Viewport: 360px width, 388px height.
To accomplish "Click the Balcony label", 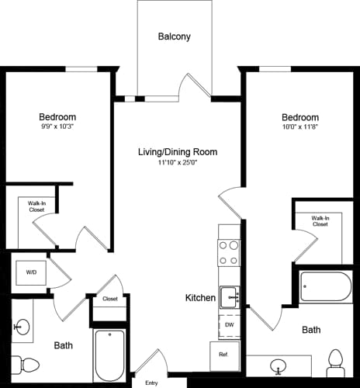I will pyautogui.click(x=174, y=36).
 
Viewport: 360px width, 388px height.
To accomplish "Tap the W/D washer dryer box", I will pyautogui.click(x=31, y=272).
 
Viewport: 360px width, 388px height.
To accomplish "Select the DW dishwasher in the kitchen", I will pyautogui.click(x=229, y=325).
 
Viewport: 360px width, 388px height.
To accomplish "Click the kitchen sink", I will pyautogui.click(x=229, y=296).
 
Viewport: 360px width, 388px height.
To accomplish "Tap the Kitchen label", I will pyautogui.click(x=200, y=298).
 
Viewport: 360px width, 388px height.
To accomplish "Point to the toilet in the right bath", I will pyautogui.click(x=335, y=360).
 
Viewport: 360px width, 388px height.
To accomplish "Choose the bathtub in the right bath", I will pyautogui.click(x=325, y=287).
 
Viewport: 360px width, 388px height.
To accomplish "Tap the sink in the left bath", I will pyautogui.click(x=22, y=327).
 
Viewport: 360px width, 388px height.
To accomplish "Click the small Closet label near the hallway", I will pyautogui.click(x=109, y=299).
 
